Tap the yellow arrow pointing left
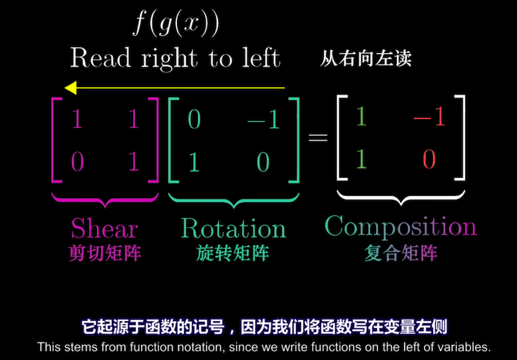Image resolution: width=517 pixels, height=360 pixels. [174, 87]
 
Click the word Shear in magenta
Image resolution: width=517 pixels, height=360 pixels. [105, 228]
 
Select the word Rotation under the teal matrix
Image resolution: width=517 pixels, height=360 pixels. [233, 228]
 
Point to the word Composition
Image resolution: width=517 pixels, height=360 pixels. [400, 226]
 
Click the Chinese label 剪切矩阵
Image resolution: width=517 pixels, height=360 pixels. [105, 253]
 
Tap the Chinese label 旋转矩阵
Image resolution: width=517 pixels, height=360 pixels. [233, 253]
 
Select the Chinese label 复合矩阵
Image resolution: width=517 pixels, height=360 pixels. [400, 253]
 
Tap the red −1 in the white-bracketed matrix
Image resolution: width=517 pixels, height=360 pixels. [430, 117]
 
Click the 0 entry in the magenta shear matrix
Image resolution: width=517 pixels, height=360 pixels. [78, 162]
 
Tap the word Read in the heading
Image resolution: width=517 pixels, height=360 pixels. [100, 58]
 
